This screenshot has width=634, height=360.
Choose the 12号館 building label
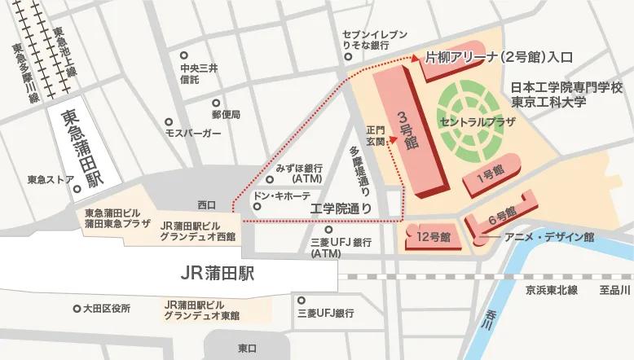434,238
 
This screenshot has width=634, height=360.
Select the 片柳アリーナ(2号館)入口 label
500,58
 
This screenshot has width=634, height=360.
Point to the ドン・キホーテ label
282,197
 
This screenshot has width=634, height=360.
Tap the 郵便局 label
226,115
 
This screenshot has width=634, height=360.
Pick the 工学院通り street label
342,209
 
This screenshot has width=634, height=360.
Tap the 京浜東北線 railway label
551,290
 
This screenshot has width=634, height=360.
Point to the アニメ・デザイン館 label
549,237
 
